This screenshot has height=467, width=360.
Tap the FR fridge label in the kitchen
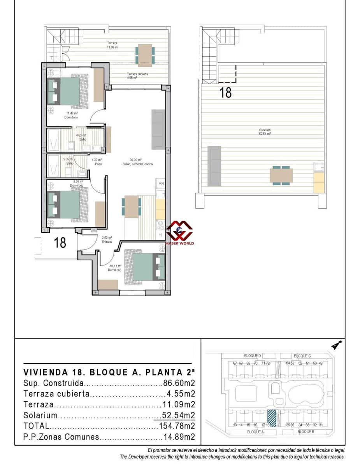[161, 184]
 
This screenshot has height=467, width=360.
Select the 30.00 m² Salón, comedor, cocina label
[136, 162]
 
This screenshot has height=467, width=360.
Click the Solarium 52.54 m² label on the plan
[265, 132]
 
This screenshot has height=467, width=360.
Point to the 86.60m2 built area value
[179, 383]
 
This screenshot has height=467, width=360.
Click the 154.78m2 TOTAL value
[177, 426]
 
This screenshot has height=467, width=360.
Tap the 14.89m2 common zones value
[179, 437]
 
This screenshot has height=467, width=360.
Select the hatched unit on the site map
[271, 418]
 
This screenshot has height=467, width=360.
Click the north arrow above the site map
[337, 344]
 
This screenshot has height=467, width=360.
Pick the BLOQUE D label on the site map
[253, 356]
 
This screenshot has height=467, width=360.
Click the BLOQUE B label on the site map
[304, 432]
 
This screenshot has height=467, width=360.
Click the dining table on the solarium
[281, 175]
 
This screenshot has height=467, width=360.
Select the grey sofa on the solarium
[214, 165]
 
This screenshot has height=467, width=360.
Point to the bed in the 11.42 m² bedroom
[68, 91]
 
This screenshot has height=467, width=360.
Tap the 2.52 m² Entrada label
[107, 239]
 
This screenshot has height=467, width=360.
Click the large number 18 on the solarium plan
[226, 93]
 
